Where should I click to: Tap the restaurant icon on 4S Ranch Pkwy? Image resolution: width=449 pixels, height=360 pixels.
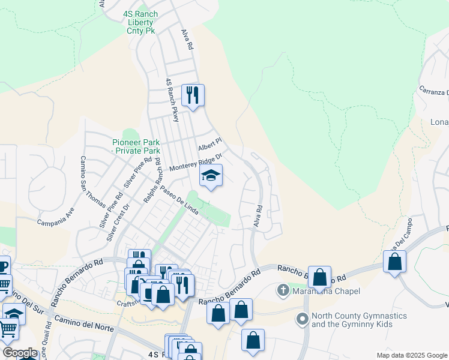(x=193, y=95)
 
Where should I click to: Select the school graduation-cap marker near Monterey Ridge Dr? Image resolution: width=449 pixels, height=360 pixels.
(x=211, y=176)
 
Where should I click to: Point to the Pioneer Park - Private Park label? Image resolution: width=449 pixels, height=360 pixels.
(x=136, y=146)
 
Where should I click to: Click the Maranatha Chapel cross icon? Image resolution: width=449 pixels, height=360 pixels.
(x=283, y=291)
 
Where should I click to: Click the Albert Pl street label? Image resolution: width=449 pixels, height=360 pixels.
(x=210, y=144)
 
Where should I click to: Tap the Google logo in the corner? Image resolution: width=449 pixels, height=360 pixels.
(x=20, y=353)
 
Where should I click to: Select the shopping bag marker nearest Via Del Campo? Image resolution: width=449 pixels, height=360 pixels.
(x=394, y=262)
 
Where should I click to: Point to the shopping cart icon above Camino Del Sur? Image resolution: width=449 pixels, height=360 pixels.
(x=4, y=284)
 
